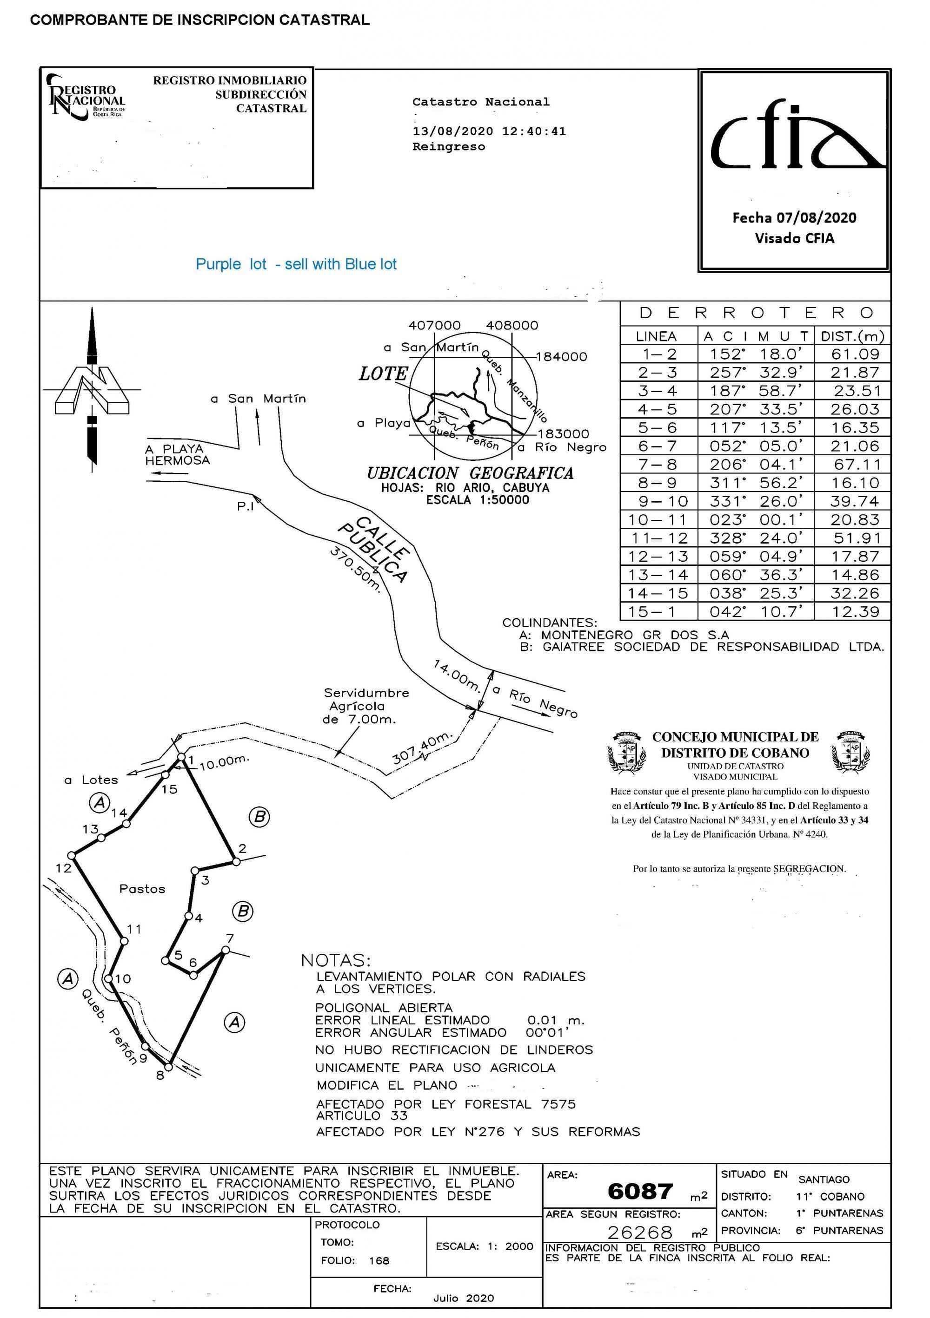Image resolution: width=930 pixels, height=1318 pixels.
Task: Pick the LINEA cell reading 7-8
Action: coord(658,465)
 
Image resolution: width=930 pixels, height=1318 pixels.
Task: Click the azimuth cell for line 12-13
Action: coord(755,556)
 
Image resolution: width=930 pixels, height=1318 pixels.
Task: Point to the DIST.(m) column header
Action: coord(852,336)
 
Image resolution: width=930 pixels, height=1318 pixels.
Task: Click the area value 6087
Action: coord(640,1192)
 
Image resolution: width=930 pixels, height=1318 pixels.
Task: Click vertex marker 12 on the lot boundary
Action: coord(72,855)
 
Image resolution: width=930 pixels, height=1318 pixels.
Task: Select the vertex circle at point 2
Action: coord(235,862)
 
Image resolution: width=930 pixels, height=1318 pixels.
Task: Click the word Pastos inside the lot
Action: coord(142,889)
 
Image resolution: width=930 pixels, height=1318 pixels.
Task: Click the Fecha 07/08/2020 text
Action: coord(794,217)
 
